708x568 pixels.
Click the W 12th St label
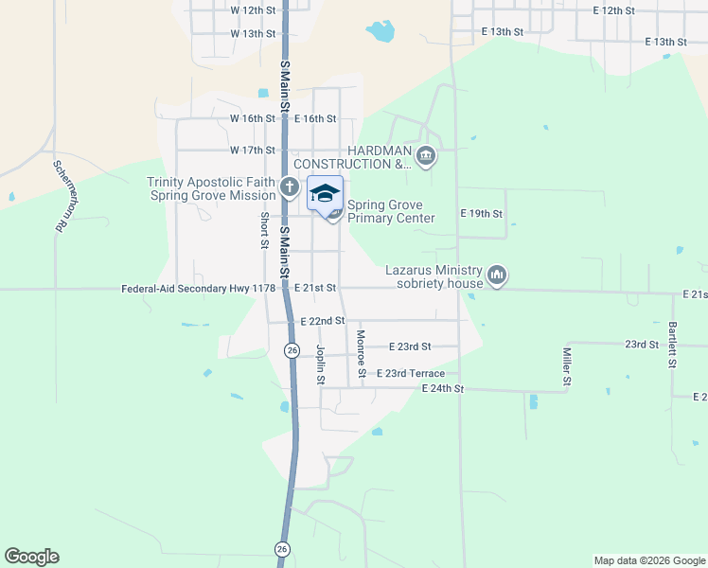pyautogui.click(x=253, y=9)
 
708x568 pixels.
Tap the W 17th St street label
pyautogui.click(x=253, y=151)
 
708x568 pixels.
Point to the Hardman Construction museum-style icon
pyautogui.click(x=425, y=156)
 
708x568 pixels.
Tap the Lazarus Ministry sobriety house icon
pyautogui.click(x=497, y=276)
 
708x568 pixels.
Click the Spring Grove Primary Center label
pyautogui.click(x=390, y=211)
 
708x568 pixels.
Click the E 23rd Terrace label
pyautogui.click(x=410, y=374)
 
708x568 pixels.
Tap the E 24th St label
pyautogui.click(x=443, y=388)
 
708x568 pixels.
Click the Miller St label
pyautogui.click(x=568, y=367)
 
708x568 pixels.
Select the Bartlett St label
pyautogui.click(x=673, y=340)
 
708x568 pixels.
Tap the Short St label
pyautogui.click(x=265, y=230)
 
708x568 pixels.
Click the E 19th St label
pyautogui.click(x=480, y=214)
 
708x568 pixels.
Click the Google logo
pyautogui.click(x=31, y=557)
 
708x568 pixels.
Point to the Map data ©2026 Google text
pyautogui.click(x=648, y=560)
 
